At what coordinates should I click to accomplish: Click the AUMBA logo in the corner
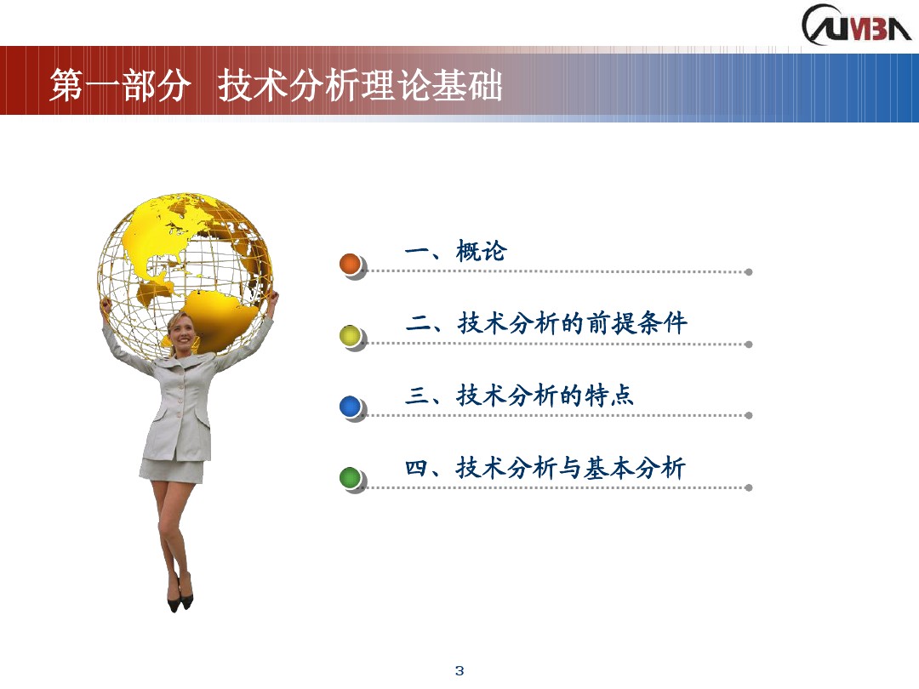point(856,25)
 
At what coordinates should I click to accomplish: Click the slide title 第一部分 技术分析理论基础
point(276,87)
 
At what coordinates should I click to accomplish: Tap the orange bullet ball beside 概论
point(351,264)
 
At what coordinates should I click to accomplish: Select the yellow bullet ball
point(351,336)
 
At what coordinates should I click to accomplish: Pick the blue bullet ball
point(351,407)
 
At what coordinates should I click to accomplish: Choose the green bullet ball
point(351,478)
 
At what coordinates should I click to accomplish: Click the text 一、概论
point(455,252)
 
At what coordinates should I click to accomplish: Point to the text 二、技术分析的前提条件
point(546,323)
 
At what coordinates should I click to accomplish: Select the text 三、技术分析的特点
point(520,396)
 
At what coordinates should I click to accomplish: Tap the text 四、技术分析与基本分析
point(545,468)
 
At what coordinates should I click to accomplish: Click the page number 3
point(459,671)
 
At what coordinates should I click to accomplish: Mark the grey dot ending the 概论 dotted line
point(748,272)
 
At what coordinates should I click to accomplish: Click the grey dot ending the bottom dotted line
point(748,487)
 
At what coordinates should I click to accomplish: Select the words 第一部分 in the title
point(119,87)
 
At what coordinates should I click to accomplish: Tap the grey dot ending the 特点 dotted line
point(748,415)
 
